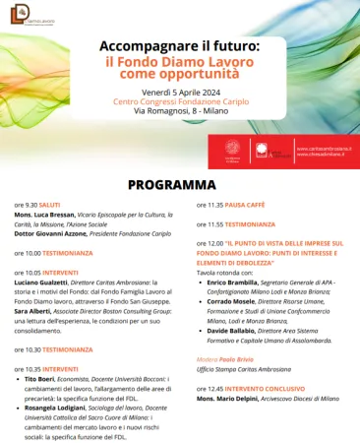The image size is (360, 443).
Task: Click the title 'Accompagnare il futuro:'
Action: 180,45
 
